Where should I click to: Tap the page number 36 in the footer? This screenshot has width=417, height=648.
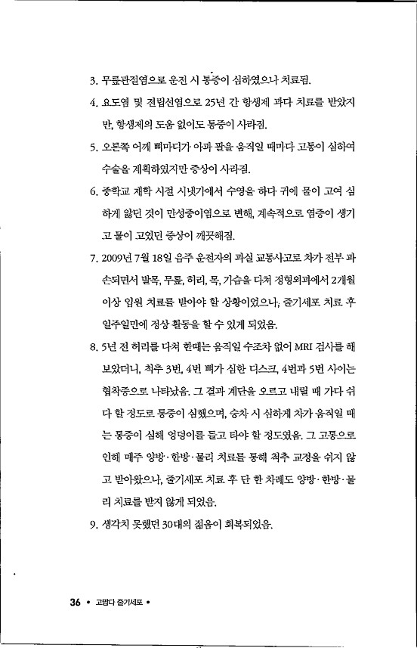[75, 602]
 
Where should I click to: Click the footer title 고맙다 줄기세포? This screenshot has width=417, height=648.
[116, 603]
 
